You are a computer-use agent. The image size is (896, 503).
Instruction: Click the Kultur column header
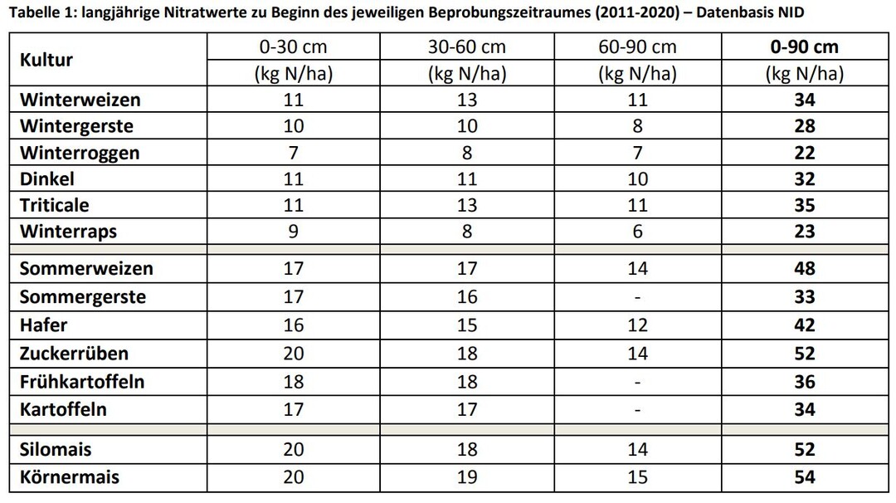click(x=46, y=60)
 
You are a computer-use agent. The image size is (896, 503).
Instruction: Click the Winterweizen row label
click(x=80, y=100)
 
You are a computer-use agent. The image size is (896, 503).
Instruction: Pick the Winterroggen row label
click(x=80, y=154)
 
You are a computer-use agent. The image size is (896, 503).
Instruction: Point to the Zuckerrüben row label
click(x=74, y=354)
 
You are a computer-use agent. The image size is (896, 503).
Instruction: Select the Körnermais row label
click(x=70, y=477)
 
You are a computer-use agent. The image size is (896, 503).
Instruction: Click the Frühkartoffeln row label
click(x=82, y=382)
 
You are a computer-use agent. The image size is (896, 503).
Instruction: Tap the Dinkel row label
click(x=47, y=179)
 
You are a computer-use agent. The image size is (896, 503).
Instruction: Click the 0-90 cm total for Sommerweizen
click(x=804, y=269)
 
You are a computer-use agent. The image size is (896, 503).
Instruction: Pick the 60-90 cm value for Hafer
click(x=637, y=325)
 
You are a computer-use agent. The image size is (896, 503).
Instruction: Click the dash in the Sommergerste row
click(x=637, y=297)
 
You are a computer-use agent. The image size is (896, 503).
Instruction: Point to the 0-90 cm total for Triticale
click(x=804, y=206)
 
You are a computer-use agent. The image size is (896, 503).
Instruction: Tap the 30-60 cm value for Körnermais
click(x=467, y=477)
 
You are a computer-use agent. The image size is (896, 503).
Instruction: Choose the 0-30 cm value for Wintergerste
click(x=294, y=126)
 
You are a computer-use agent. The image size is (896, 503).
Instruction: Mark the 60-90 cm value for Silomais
click(x=637, y=450)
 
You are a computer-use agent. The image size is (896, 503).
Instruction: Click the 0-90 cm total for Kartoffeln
click(x=804, y=409)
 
